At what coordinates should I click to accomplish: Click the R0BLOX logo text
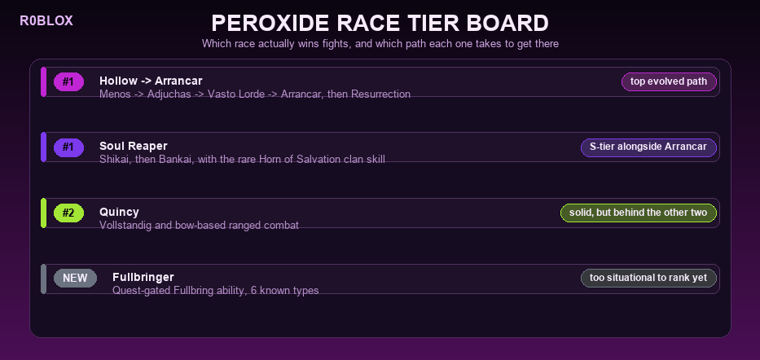click(46, 21)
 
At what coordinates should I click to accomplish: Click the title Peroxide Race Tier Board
click(380, 24)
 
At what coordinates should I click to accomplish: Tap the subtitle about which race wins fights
click(380, 44)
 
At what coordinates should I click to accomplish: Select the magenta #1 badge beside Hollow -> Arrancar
click(68, 82)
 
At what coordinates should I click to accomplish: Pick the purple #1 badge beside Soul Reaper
click(68, 147)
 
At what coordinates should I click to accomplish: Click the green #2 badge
click(68, 213)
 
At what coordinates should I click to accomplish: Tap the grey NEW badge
click(75, 278)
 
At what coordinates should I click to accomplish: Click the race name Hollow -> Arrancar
click(151, 81)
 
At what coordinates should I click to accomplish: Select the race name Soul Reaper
click(134, 146)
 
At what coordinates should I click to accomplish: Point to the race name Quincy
click(119, 212)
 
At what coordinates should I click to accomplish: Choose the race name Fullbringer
click(143, 277)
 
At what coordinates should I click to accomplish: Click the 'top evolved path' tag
click(669, 82)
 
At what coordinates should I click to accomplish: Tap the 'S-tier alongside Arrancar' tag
click(648, 147)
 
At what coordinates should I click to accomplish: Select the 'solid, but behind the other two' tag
click(639, 213)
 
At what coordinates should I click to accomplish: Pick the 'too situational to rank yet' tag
click(648, 278)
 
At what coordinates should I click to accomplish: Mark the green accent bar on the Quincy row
click(44, 213)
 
